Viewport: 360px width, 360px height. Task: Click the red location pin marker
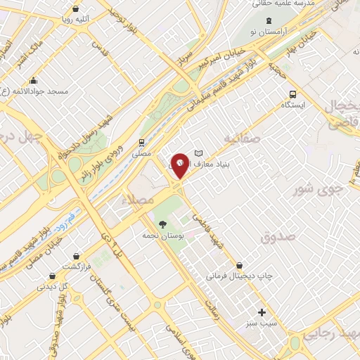[181, 166]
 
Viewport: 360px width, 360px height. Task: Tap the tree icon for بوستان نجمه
[163, 225]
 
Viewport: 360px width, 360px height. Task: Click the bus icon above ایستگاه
[292, 94]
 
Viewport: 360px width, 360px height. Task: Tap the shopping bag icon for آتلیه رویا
[75, 9]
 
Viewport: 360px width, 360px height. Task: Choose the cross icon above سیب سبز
[262, 312]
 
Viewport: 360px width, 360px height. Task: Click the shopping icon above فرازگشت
[75, 257]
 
